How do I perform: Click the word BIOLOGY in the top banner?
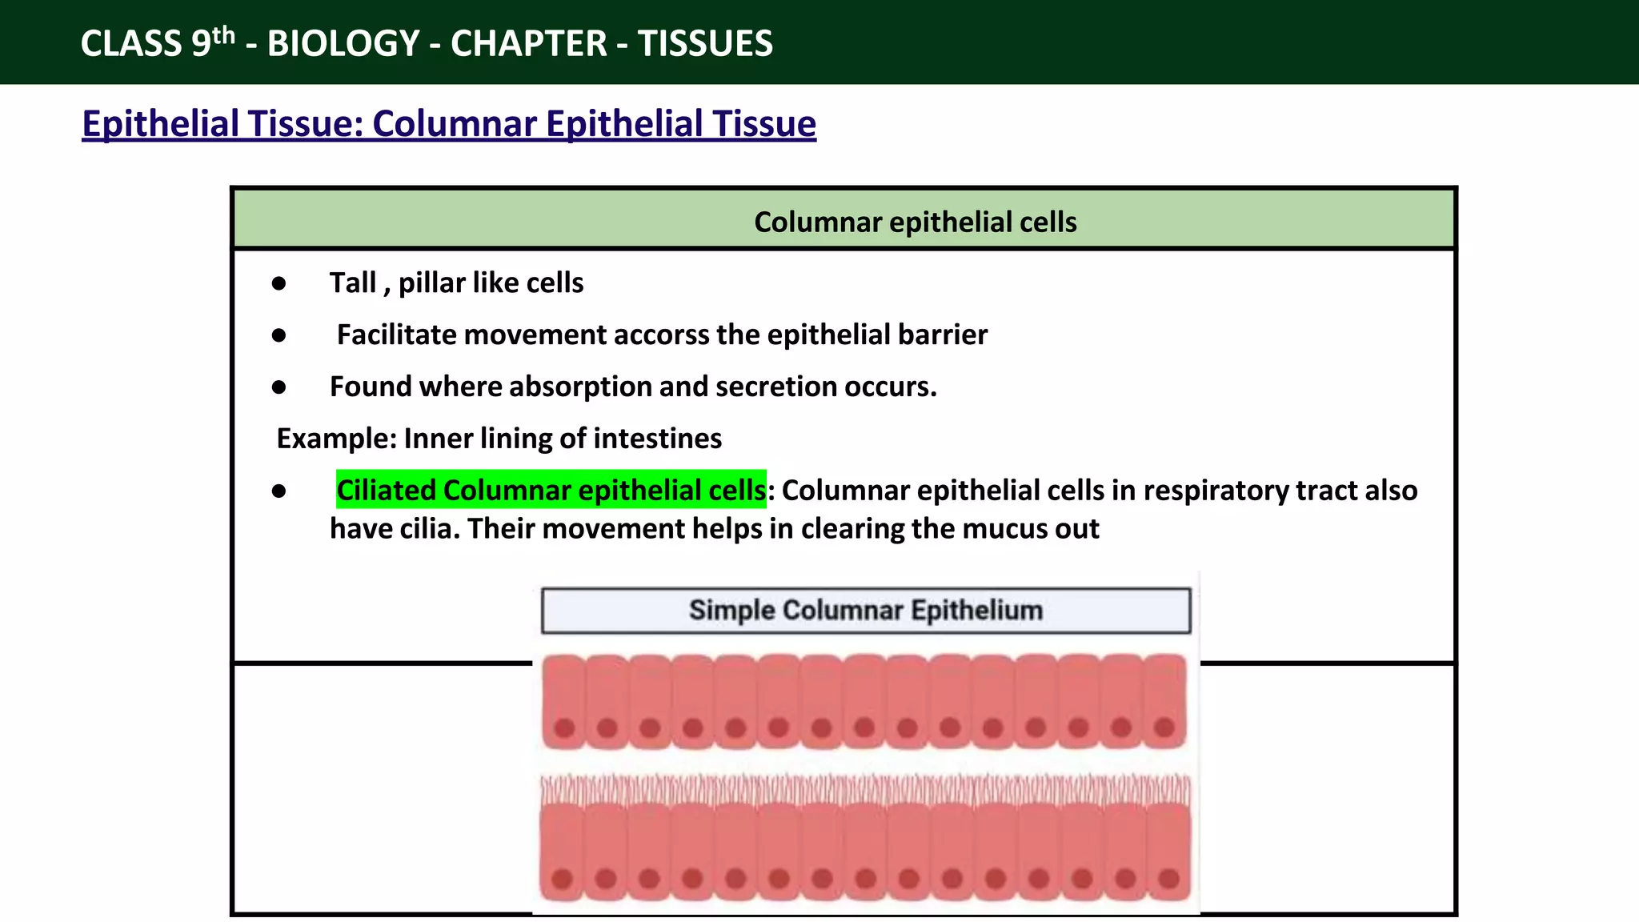tap(343, 43)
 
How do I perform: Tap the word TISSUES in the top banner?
tap(705, 43)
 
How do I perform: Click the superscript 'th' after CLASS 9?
tap(223, 36)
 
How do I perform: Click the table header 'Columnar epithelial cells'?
tap(915, 222)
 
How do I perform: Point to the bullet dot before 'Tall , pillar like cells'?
tap(279, 283)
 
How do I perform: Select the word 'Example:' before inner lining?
tap(336, 439)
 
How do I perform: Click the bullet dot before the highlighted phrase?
tap(279, 491)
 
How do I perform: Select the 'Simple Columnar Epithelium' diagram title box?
tap(866, 611)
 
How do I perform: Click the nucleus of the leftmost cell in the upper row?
tap(564, 728)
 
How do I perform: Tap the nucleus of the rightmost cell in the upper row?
tap(1164, 728)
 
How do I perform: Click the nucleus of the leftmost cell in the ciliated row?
tap(562, 879)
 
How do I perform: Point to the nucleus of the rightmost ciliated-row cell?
tap(1168, 879)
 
